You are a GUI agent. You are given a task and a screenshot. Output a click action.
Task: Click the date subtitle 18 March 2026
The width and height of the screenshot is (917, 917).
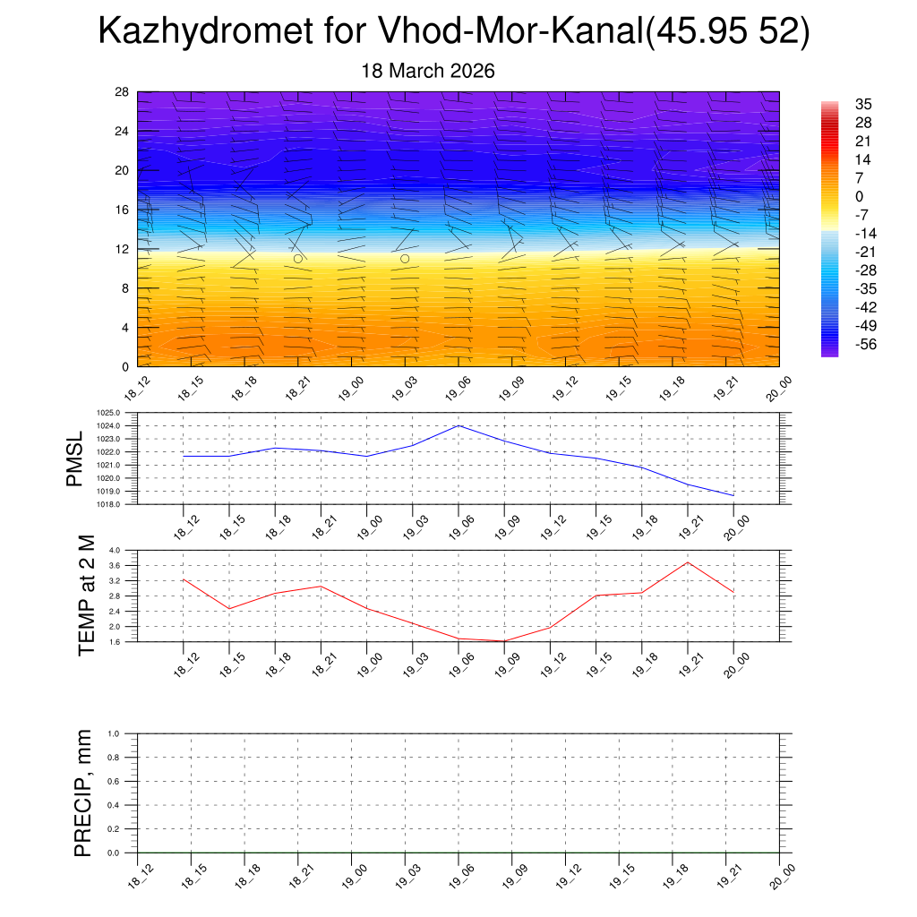tap(428, 71)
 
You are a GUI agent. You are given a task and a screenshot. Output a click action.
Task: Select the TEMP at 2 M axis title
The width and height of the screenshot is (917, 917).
tap(85, 595)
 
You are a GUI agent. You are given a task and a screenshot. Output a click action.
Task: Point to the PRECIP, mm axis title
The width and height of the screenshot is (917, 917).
tap(82, 793)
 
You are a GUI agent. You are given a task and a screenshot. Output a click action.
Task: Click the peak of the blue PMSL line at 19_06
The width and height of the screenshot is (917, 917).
tap(458, 425)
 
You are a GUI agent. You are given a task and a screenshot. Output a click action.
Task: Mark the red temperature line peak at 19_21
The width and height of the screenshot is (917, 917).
tap(688, 562)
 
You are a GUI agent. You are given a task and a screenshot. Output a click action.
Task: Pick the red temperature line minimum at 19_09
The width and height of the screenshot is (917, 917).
tap(504, 641)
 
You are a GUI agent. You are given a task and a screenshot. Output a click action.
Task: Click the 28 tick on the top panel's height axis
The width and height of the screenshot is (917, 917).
tap(123, 91)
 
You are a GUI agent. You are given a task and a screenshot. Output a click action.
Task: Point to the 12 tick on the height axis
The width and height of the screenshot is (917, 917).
tap(123, 249)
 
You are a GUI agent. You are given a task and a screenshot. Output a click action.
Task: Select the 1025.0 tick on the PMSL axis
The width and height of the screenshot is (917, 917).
tap(110, 413)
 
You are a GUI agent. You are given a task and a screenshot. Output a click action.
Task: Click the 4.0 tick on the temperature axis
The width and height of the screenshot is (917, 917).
tap(115, 550)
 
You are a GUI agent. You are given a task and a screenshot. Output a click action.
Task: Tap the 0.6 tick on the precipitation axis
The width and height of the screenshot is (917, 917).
tap(115, 781)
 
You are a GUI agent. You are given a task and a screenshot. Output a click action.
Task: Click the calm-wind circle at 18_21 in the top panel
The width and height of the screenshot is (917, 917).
tap(298, 258)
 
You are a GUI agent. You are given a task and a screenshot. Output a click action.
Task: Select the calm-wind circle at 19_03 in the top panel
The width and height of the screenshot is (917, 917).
tap(405, 258)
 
